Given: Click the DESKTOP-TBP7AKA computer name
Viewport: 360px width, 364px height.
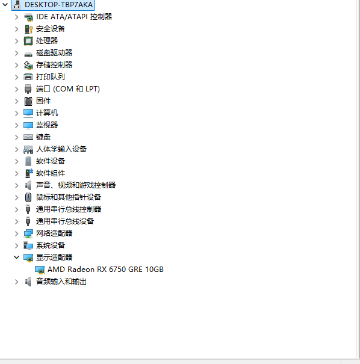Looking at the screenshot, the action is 58,5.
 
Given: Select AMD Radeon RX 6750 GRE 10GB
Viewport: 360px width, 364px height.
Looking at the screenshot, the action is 105,270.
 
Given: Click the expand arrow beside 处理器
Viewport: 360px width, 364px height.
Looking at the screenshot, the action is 16,41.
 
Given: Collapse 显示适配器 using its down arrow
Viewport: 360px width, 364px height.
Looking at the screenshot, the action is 16,258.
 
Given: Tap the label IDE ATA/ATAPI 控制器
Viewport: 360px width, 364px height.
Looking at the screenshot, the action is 74,17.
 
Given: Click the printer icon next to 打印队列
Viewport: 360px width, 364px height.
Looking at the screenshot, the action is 28,76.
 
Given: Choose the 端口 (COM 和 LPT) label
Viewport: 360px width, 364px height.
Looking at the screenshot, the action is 68,89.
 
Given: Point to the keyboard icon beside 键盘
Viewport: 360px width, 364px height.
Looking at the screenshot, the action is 28,137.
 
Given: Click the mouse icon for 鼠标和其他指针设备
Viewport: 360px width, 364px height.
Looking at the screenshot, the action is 28,197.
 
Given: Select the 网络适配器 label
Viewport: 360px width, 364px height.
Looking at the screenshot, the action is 54,233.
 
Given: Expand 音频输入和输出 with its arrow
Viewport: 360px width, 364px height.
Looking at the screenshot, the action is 16,282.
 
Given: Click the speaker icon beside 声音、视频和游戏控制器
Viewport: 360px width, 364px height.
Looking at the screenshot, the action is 28,185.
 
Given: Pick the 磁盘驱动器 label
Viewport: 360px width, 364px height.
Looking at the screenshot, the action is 54,53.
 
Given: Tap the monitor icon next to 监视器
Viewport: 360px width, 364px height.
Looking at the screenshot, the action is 28,125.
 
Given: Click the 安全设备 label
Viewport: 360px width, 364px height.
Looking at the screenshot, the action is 51,29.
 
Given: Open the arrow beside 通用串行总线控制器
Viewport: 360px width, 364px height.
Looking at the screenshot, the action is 16,209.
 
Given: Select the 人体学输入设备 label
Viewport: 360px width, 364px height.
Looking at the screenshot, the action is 61,149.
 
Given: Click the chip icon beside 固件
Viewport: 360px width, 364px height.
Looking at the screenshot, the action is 28,101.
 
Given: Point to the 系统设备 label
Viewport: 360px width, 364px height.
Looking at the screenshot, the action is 51,245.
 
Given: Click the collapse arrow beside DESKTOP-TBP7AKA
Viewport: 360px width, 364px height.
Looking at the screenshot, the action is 5,4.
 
